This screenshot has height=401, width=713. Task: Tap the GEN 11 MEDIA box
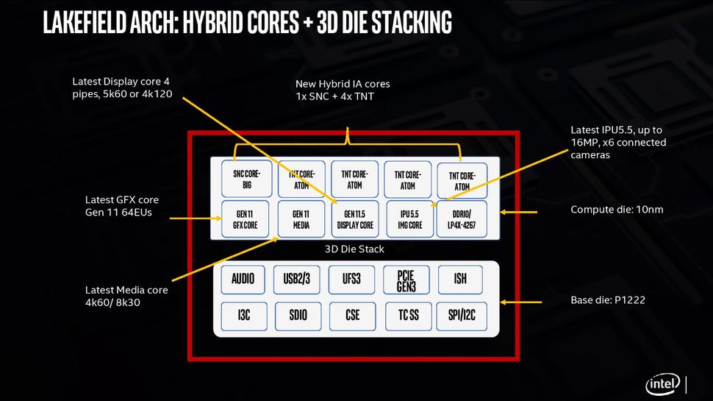pyautogui.click(x=301, y=219)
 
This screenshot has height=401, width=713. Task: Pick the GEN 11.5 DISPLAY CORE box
pyautogui.click(x=355, y=219)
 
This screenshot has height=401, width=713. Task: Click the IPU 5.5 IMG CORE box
pyautogui.click(x=409, y=219)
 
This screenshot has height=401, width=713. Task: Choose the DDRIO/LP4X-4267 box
pyautogui.click(x=462, y=219)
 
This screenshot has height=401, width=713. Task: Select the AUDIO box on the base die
pyautogui.click(x=243, y=279)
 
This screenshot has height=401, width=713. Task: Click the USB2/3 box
pyautogui.click(x=297, y=279)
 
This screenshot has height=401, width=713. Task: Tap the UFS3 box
pyautogui.click(x=352, y=279)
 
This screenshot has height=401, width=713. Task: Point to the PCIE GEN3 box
pyautogui.click(x=406, y=279)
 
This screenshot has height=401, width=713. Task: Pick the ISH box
pyautogui.click(x=461, y=279)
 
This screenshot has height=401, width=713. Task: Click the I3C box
pyautogui.click(x=243, y=316)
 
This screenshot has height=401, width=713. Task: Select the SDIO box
pyautogui.click(x=297, y=316)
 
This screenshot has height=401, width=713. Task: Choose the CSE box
pyautogui.click(x=352, y=316)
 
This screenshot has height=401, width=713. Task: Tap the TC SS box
pyautogui.click(x=406, y=316)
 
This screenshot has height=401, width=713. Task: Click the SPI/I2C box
pyautogui.click(x=461, y=316)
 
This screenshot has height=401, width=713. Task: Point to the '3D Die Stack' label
pyautogui.click(x=354, y=249)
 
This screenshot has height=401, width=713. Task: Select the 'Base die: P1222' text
pyautogui.click(x=607, y=301)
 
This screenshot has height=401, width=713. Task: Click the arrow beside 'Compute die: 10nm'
pyautogui.click(x=523, y=212)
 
